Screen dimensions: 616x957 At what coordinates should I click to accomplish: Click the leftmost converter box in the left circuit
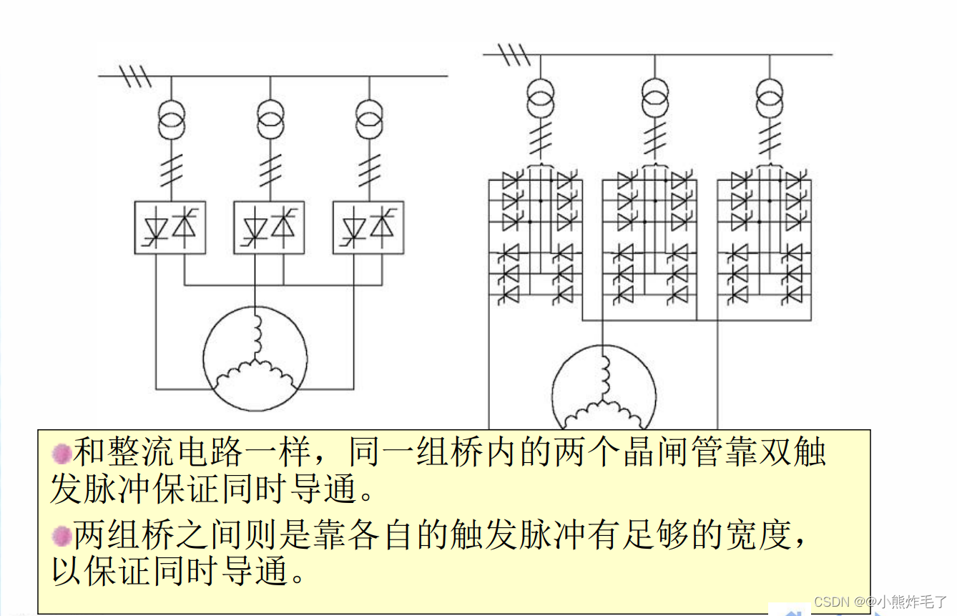tap(170, 228)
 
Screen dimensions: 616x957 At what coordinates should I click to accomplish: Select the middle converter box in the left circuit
tap(270, 228)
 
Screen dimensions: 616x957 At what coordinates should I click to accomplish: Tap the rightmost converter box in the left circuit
tap(368, 228)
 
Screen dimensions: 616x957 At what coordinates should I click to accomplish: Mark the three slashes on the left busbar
tap(135, 76)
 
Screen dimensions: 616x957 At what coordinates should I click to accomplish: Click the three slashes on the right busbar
tap(514, 54)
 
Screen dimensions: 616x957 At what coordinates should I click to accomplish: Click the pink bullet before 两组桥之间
tap(62, 535)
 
